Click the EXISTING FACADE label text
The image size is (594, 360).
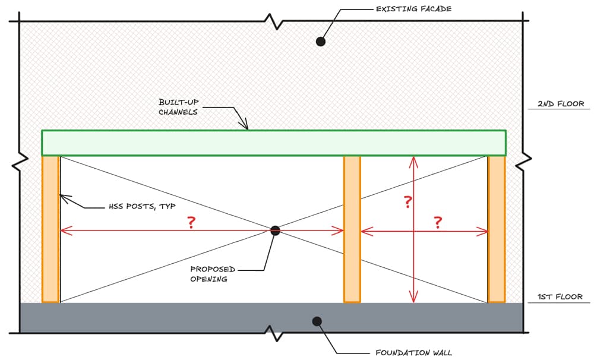click(x=413, y=9)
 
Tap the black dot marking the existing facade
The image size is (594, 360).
click(x=320, y=41)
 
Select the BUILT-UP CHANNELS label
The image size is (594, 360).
click(x=178, y=107)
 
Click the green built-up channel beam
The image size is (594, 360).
click(x=273, y=143)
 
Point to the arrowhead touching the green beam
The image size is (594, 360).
click(x=245, y=125)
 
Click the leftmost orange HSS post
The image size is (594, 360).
click(x=50, y=229)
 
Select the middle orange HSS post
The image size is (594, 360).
click(x=352, y=229)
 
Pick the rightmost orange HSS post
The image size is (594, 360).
click(x=497, y=229)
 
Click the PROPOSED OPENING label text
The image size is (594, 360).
click(x=213, y=274)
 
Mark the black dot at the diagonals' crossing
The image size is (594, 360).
click(x=274, y=230)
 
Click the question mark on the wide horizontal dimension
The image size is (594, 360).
click(x=191, y=223)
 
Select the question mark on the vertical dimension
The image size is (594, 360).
click(x=407, y=202)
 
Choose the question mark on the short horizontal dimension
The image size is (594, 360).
click(x=438, y=223)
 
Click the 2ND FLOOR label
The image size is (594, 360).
click(x=561, y=104)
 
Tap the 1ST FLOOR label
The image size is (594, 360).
click(x=561, y=296)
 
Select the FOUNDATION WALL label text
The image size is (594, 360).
click(x=413, y=352)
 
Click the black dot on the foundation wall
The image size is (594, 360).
click(x=317, y=321)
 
